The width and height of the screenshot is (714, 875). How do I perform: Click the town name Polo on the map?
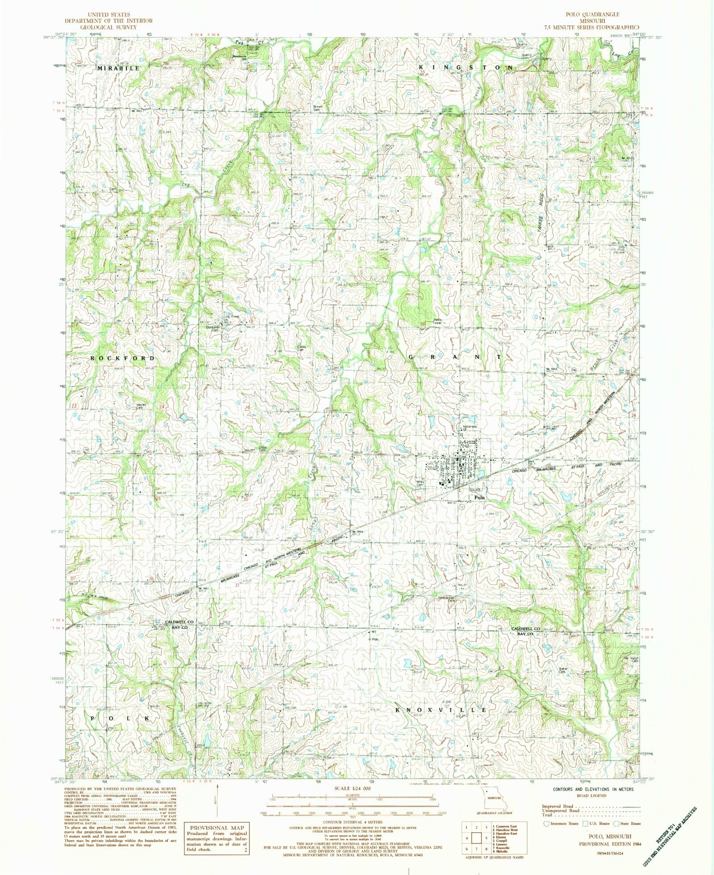pyautogui.click(x=479, y=498)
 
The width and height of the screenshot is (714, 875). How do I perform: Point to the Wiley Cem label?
pyautogui.click(x=420, y=483)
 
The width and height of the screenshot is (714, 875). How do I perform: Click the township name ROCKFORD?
pyautogui.click(x=123, y=358)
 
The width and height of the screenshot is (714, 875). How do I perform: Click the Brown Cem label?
pyautogui.click(x=318, y=108)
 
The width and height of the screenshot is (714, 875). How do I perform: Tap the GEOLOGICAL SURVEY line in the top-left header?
pyautogui.click(x=108, y=27)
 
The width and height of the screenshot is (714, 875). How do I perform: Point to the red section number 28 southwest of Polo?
pyautogui.click(x=419, y=498)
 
